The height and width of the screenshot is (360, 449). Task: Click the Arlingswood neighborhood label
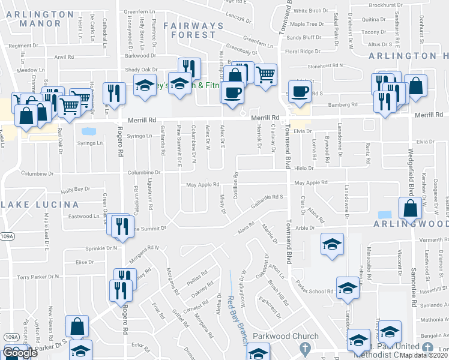pyautogui.click(x=414, y=223)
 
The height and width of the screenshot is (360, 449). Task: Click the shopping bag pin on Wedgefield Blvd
pyautogui.click(x=410, y=209)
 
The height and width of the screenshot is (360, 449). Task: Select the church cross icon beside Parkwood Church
pyautogui.click(x=305, y=348)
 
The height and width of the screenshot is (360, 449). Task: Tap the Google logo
pyautogui.click(x=20, y=353)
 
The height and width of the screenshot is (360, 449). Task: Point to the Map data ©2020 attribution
pyautogui.click(x=424, y=355)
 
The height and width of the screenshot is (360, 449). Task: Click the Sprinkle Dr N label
pyautogui.click(x=92, y=248)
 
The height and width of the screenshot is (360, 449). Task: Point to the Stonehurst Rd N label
pyautogui.click(x=325, y=65)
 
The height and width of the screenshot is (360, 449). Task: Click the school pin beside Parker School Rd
pyautogui.click(x=348, y=289)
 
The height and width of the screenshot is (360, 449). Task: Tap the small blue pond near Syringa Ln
pyautogui.click(x=88, y=131)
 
